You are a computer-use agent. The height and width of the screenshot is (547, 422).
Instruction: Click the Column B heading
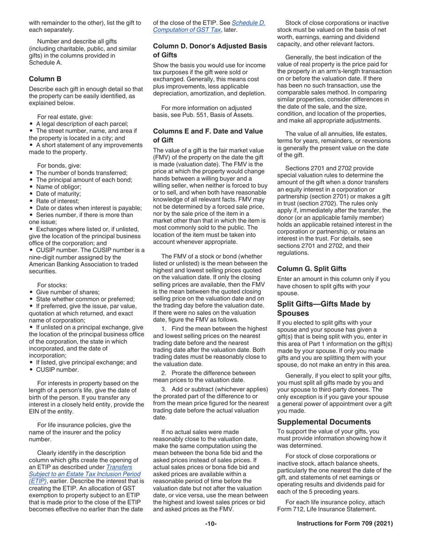click(45, 79)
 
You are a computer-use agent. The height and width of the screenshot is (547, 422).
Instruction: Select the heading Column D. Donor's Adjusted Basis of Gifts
click(210, 50)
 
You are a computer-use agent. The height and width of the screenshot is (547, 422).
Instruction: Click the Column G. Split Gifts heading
click(311, 269)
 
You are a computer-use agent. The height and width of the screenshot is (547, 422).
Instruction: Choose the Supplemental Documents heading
click(324, 422)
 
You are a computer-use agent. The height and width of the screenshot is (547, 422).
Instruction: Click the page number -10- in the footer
click(211, 524)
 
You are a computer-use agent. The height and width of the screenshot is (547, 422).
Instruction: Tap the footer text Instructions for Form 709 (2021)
click(345, 524)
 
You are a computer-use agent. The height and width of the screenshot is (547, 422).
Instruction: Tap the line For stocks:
click(52, 285)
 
